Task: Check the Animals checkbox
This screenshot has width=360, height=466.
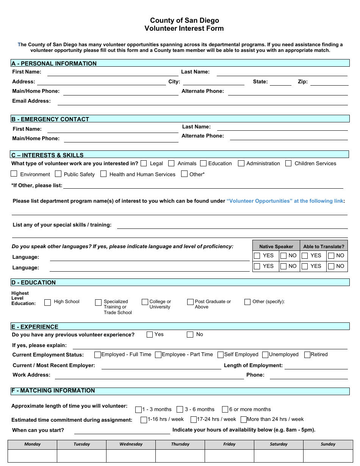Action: (171, 163)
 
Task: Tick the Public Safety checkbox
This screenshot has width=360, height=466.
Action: (58, 174)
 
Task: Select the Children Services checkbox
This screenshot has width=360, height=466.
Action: (288, 163)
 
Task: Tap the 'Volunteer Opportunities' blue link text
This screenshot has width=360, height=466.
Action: (285, 201)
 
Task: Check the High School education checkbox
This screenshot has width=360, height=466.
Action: (47, 302)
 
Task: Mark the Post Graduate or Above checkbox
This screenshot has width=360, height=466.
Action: (190, 302)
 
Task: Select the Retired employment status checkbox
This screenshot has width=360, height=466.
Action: (307, 355)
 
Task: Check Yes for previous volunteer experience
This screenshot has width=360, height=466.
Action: (150, 335)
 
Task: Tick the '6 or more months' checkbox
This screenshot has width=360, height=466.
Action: (225, 410)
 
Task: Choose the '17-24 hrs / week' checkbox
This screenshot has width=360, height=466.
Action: (193, 420)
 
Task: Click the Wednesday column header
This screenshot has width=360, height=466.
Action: (131, 444)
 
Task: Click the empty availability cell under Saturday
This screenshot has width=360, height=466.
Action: (279, 456)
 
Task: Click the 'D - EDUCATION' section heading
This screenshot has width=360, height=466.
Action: (34, 283)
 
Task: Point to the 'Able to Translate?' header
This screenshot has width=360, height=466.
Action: (324, 246)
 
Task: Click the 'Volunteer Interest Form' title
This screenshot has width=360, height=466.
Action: (184, 28)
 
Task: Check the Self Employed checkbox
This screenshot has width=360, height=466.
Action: (221, 355)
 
